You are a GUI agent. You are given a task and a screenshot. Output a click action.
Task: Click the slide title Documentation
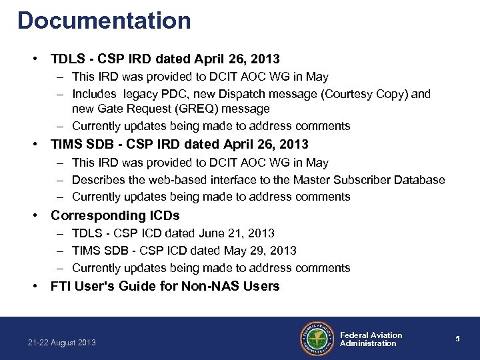(x=105, y=20)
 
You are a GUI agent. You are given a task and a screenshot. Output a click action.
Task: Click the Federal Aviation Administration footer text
(x=371, y=339)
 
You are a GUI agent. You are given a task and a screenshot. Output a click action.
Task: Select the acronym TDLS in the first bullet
(x=66, y=59)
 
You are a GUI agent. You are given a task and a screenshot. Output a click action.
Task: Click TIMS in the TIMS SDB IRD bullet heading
(x=65, y=145)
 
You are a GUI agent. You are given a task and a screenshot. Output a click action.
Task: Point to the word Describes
(x=97, y=180)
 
